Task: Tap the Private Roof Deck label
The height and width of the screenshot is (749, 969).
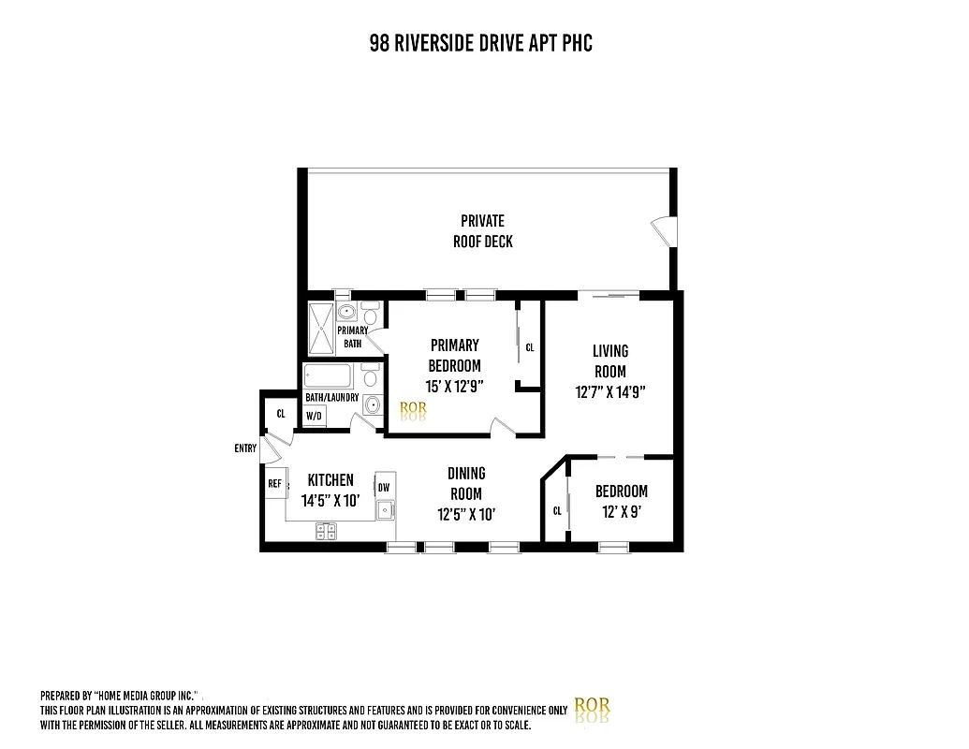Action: tap(482, 231)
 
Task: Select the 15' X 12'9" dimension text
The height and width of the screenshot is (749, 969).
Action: tap(454, 386)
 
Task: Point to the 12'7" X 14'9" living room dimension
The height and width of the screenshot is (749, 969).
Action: tap(610, 392)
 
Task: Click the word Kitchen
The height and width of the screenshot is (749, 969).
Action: tap(330, 480)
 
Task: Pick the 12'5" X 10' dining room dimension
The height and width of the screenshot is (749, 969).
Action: tap(465, 514)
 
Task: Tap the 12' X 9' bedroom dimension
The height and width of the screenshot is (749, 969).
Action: tap(621, 512)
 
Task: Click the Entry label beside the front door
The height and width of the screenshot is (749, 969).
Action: tap(245, 449)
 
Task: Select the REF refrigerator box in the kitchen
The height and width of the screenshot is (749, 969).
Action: tap(275, 484)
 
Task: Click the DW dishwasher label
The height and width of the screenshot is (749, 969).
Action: tap(384, 487)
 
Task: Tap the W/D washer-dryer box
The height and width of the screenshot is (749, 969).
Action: tap(314, 416)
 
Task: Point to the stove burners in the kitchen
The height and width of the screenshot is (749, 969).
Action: tap(327, 531)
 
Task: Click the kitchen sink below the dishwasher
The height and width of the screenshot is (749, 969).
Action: tap(385, 510)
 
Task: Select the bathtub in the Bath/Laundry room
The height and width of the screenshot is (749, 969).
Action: tap(327, 378)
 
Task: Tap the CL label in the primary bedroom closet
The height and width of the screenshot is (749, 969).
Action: tap(529, 347)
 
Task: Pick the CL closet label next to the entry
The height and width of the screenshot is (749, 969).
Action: tap(280, 414)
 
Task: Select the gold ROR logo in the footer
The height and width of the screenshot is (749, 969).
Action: tap(591, 708)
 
